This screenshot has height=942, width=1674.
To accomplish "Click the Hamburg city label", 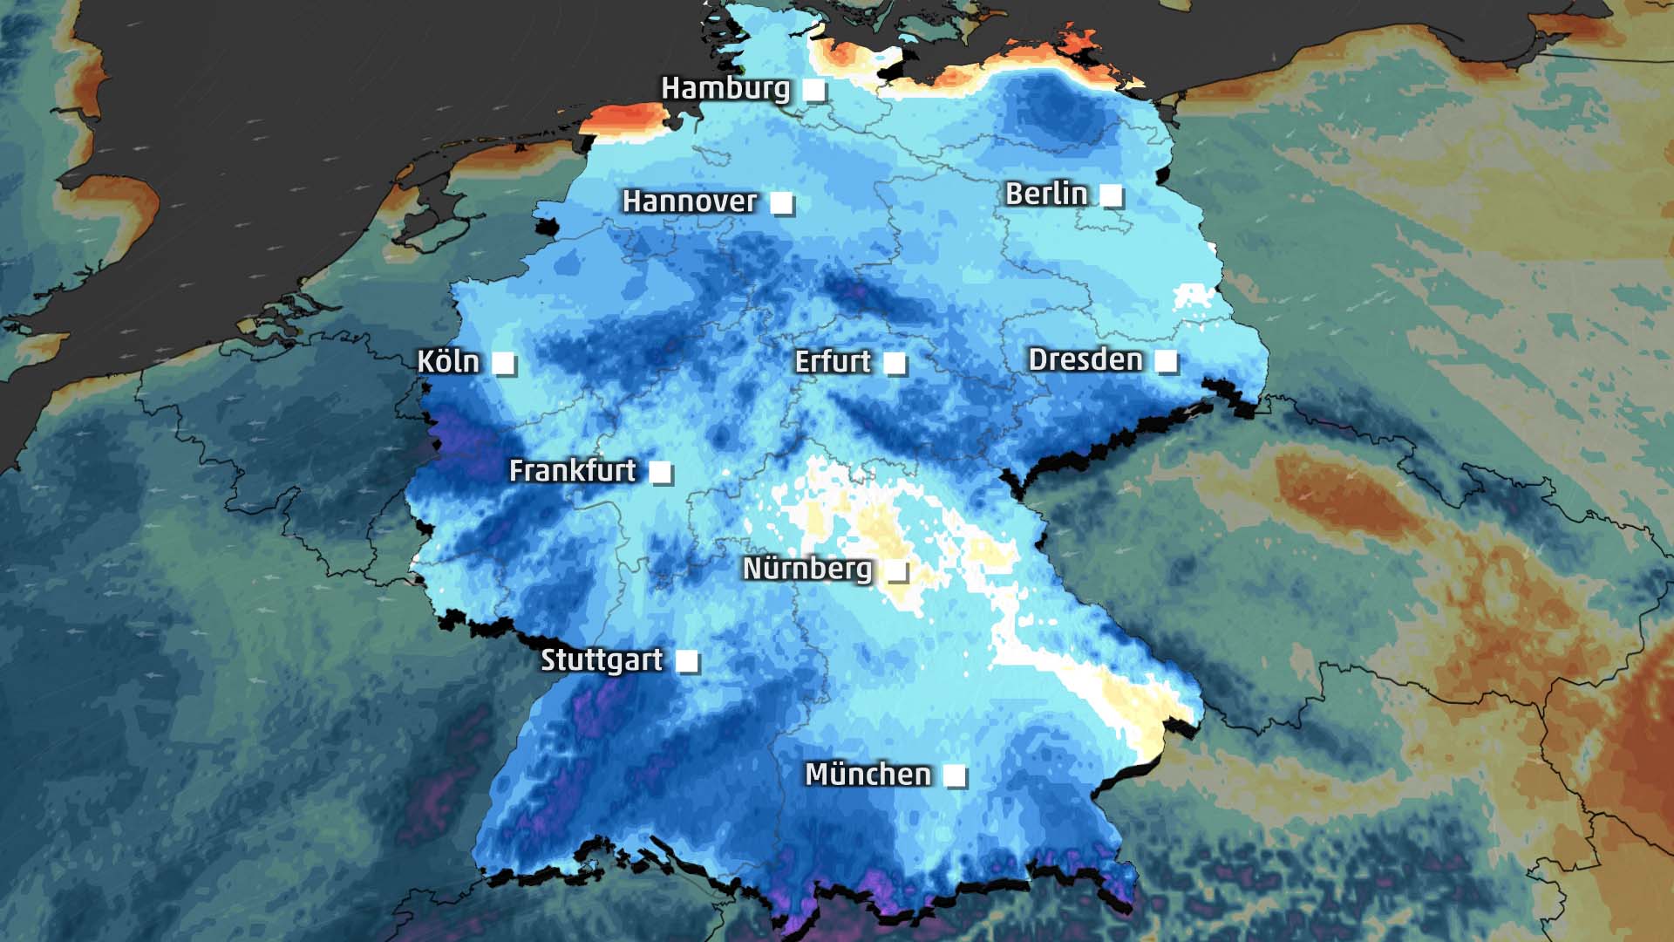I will point(725,88).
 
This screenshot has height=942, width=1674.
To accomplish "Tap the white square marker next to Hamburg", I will point(813,90).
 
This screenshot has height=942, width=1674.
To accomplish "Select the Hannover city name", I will point(689,201).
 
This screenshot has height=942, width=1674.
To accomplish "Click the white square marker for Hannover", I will point(781,203).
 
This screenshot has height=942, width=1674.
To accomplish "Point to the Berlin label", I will point(1045,194).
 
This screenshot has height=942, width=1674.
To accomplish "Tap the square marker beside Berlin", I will point(1111,195).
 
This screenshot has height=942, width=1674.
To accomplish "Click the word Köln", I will point(448,361).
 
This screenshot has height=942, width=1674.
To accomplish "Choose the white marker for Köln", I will point(504,363).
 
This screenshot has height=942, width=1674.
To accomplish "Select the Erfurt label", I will point(833,361).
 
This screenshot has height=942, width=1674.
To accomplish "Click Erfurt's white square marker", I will point(895,363).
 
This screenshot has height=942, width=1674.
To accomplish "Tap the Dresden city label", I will point(1085,359).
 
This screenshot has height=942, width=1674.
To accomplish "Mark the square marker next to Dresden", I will point(1166,361).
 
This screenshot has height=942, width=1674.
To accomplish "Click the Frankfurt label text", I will point(572,471).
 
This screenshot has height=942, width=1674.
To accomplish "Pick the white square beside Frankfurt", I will point(661,473).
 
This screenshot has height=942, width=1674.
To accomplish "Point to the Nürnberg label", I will point(806,569).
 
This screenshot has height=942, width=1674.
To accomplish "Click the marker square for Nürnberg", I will point(896,571).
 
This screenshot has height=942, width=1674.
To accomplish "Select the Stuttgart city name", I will point(602,660).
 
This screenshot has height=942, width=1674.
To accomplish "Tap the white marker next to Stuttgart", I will point(687,661).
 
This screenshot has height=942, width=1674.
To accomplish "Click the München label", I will point(868,774).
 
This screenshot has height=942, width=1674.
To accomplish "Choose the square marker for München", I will point(955,775).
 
